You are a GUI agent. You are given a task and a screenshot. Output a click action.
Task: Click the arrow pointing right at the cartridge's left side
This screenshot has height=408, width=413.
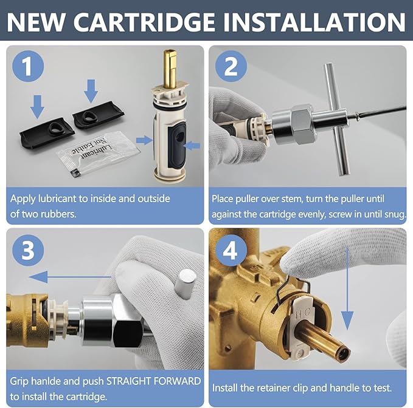click(144, 140)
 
